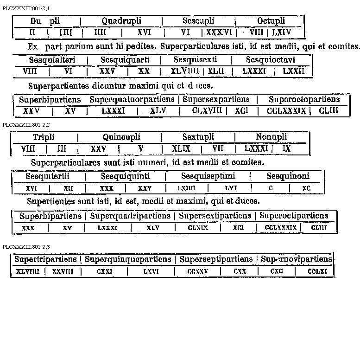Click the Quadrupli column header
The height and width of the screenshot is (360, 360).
coord(121,21)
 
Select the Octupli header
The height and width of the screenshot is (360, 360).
coord(271,21)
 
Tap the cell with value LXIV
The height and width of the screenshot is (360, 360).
coord(282,32)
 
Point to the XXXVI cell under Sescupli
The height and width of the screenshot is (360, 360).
coord(218,32)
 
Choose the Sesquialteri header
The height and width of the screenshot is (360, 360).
coord(52,60)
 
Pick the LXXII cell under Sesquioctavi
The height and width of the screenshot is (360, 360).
coord(293,71)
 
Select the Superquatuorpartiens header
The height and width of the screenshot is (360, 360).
coord(132,99)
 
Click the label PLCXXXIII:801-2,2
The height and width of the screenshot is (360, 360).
coord(26,125)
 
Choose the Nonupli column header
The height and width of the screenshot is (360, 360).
coord(272,137)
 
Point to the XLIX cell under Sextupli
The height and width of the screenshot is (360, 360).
coord(182,148)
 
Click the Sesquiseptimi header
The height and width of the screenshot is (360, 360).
coord(208,176)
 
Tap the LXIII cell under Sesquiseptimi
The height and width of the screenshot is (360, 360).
coord(186,188)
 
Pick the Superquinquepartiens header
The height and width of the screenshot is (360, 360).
coord(128,259)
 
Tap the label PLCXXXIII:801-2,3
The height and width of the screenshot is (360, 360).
coord(26,246)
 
